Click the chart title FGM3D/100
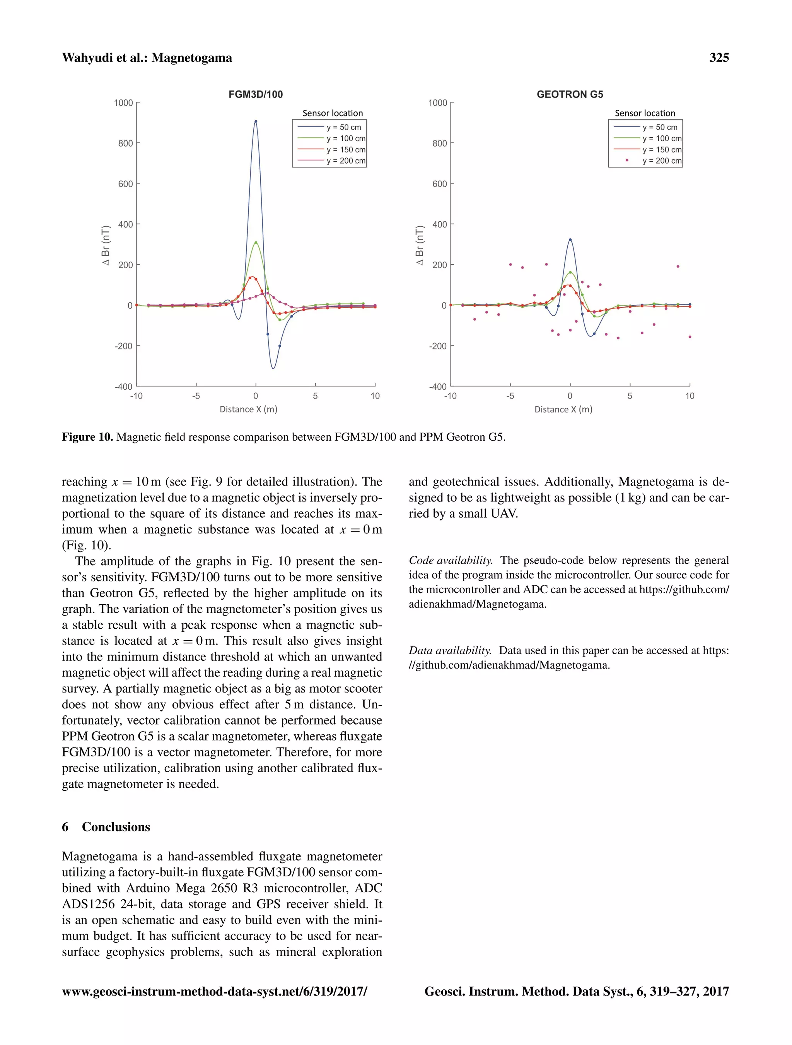tap(256, 94)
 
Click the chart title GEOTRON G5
tap(570, 94)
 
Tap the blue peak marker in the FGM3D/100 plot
tap(256, 121)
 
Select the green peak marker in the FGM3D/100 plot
tap(256, 243)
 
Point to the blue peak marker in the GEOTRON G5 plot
tap(570, 240)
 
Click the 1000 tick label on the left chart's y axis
tap(123, 103)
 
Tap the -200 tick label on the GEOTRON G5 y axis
tap(437, 346)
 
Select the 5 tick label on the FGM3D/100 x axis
tap(315, 396)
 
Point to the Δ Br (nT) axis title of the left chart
tap(106, 245)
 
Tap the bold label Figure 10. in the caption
tap(87, 437)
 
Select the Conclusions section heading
tap(116, 827)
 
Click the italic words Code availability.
tap(451, 560)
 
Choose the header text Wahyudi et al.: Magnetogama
tap(147, 58)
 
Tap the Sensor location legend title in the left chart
tap(333, 113)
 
